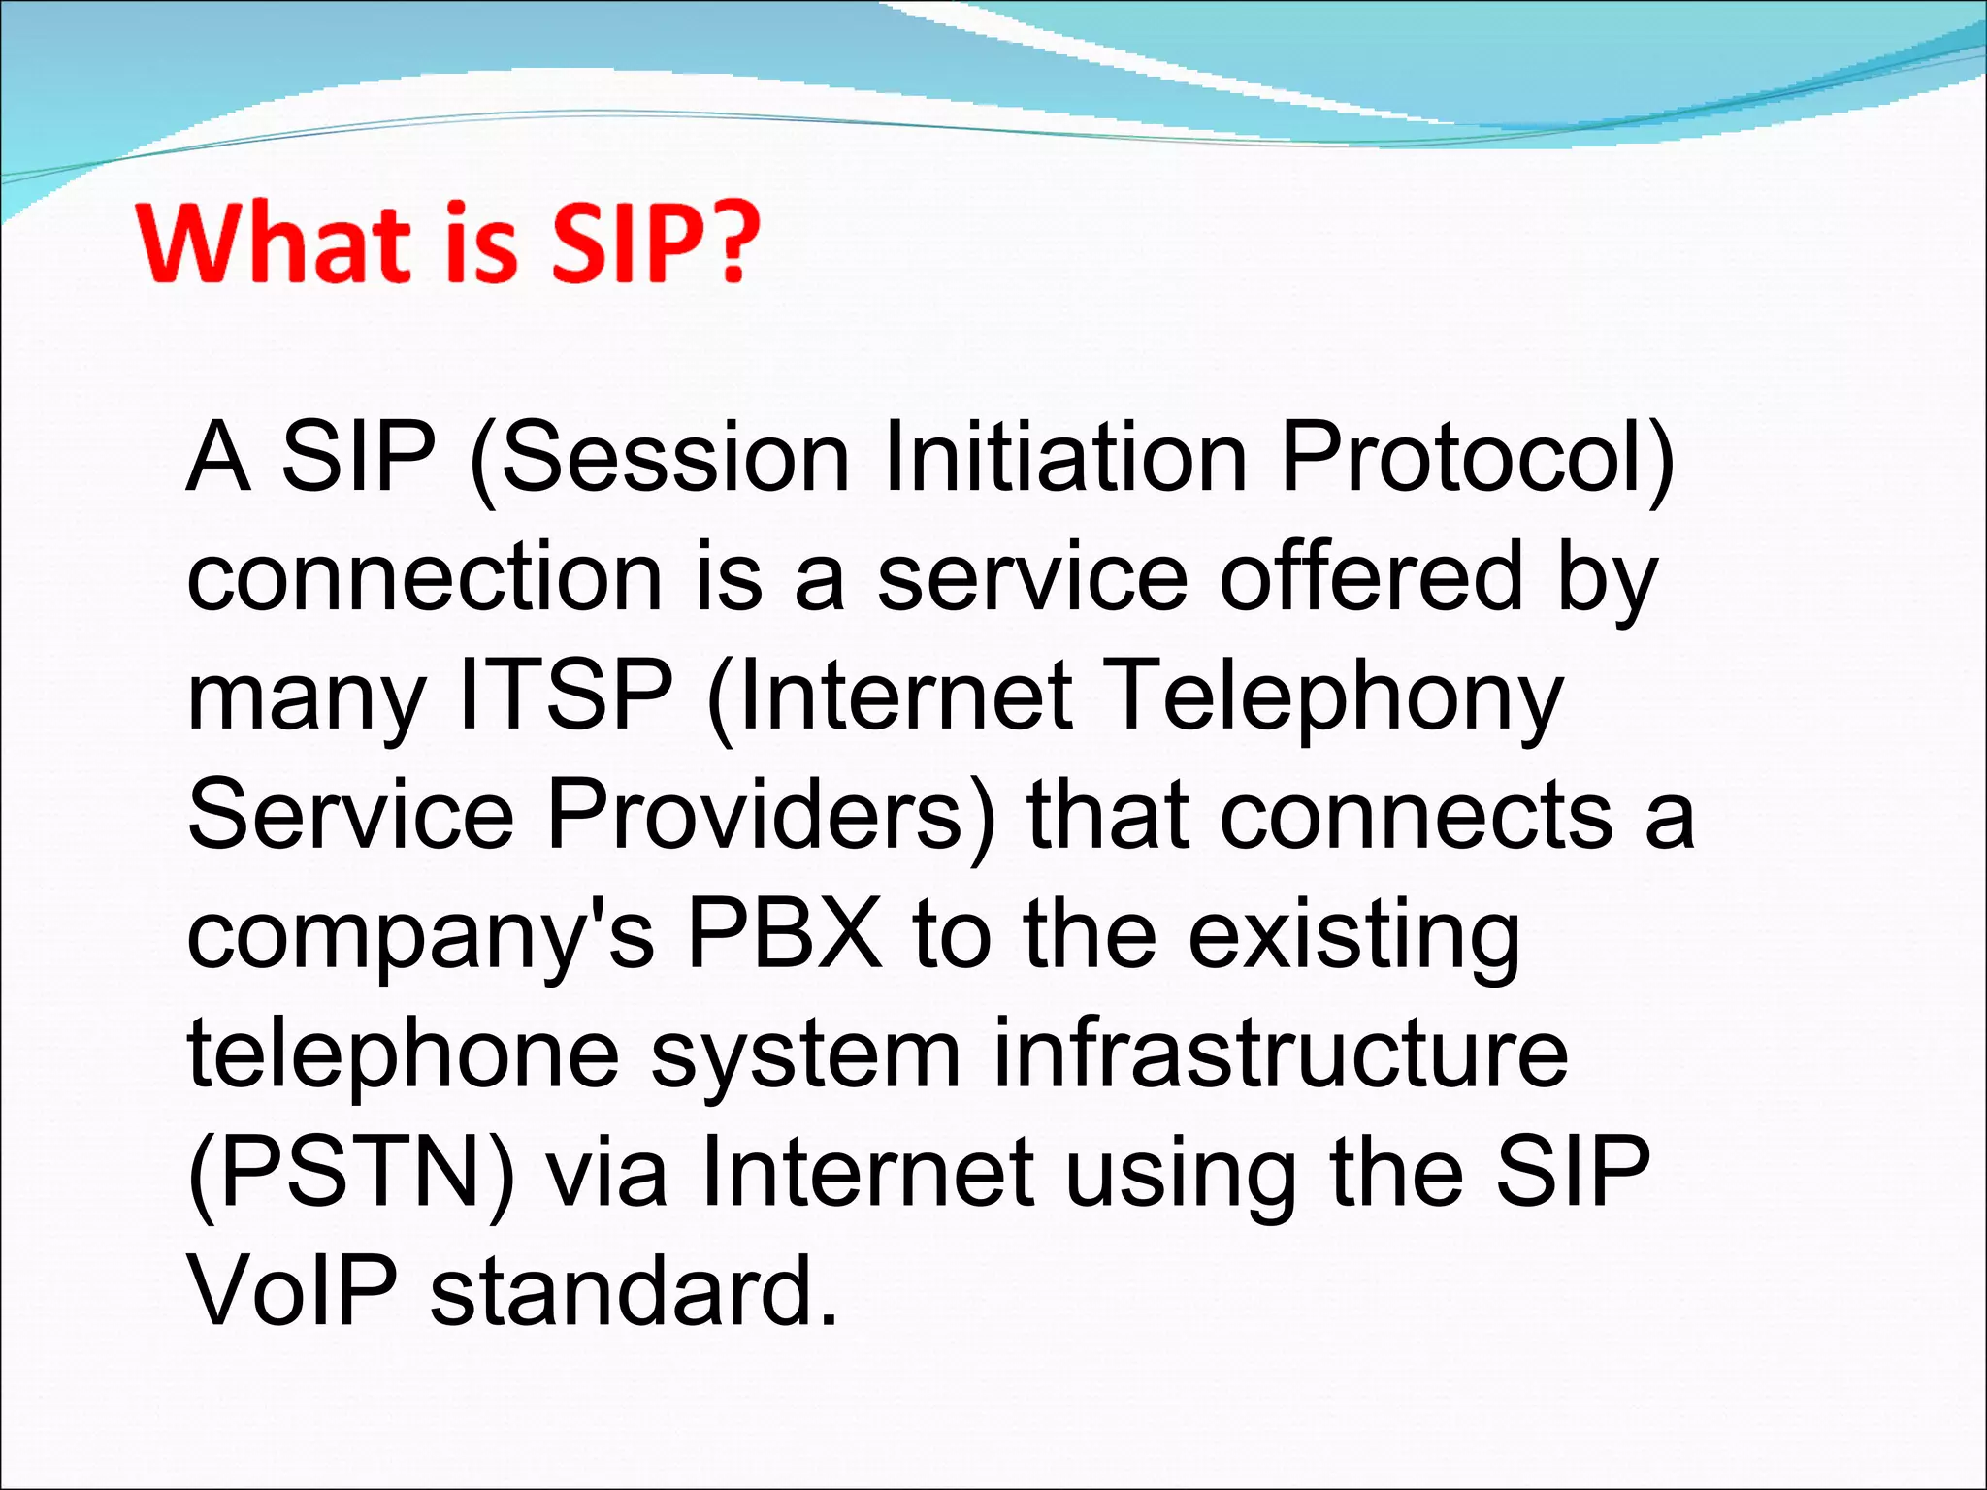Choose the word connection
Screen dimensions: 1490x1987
click(x=425, y=578)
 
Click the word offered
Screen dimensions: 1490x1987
click(x=1371, y=578)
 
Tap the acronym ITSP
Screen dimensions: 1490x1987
click(x=566, y=696)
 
